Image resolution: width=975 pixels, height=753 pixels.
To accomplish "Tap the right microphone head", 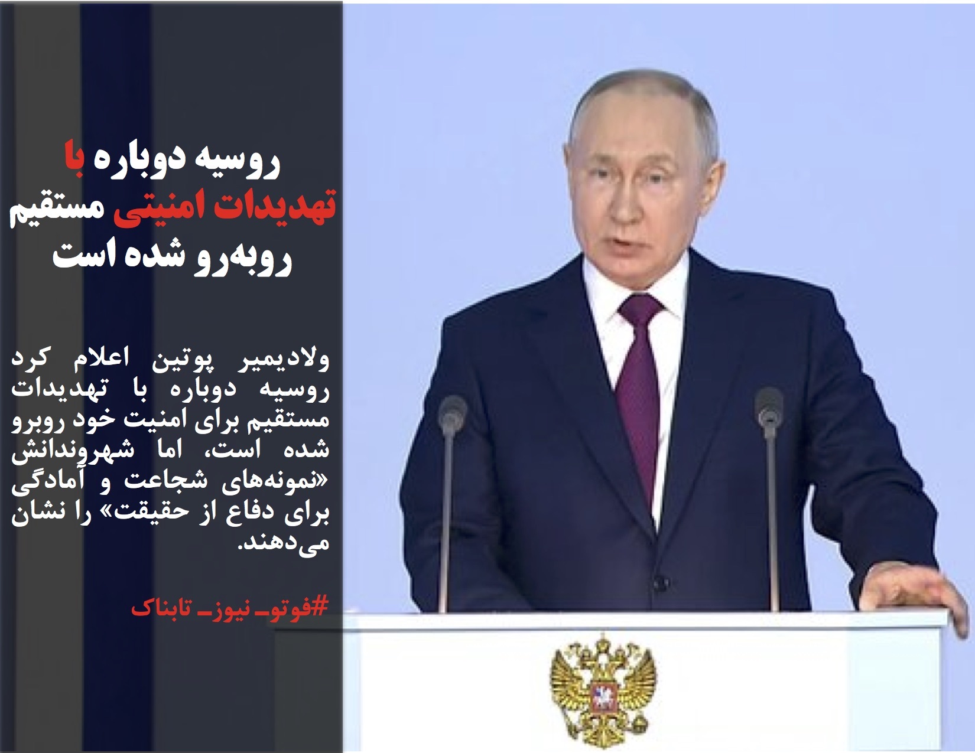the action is pyautogui.click(x=769, y=408).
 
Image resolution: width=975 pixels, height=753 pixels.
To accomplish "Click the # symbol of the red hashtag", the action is pyautogui.click(x=322, y=607).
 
